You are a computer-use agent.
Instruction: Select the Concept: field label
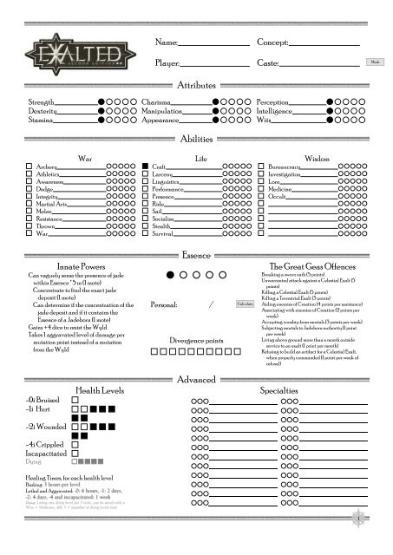pyautogui.click(x=274, y=42)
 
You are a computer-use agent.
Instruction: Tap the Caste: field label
pyautogui.click(x=268, y=64)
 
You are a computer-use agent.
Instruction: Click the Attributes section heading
pyautogui.click(x=197, y=85)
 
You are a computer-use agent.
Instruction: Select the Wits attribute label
pyautogui.click(x=265, y=121)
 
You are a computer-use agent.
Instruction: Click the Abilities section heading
pyautogui.click(x=197, y=139)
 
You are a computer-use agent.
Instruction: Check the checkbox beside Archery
pyautogui.click(x=29, y=166)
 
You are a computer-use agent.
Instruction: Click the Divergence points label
pyautogui.click(x=198, y=316)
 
